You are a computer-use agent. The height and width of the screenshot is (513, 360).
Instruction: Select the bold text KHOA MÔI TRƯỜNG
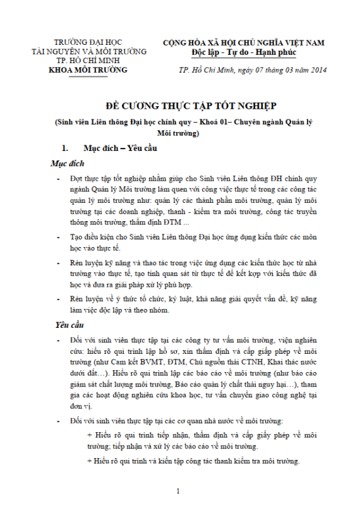click(x=88, y=69)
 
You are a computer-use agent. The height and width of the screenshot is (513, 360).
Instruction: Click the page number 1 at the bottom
click(x=179, y=491)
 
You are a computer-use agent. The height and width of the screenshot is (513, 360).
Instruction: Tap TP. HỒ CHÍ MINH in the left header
click(x=88, y=60)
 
